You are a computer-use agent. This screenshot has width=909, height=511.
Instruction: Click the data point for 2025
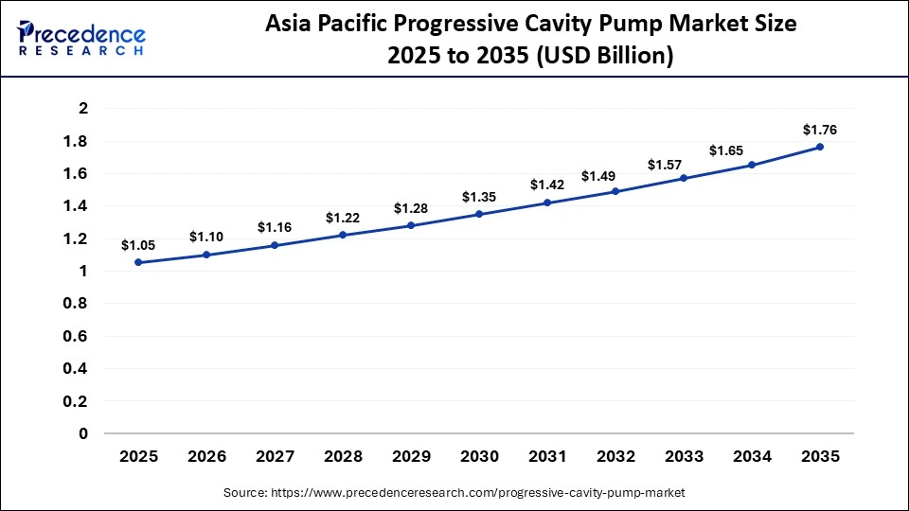coord(138,262)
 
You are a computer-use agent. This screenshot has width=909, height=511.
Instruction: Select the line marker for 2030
coord(479,214)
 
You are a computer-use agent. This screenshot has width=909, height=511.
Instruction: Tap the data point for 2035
coord(820,147)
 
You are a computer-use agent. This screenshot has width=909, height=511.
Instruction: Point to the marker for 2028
coord(343,235)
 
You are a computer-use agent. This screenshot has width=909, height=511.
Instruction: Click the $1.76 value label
coord(820,130)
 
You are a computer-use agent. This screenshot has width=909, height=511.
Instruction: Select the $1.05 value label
coord(138,245)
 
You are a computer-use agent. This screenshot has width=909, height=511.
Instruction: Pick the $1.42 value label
coord(547,185)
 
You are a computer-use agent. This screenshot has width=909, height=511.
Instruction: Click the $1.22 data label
coord(343,218)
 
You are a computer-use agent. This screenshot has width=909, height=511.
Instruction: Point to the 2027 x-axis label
coord(275,456)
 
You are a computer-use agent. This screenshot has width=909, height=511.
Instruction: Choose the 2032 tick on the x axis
coord(615,456)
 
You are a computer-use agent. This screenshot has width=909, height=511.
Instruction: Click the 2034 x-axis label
coord(752,456)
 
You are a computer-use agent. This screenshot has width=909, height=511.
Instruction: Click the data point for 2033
coord(684,178)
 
